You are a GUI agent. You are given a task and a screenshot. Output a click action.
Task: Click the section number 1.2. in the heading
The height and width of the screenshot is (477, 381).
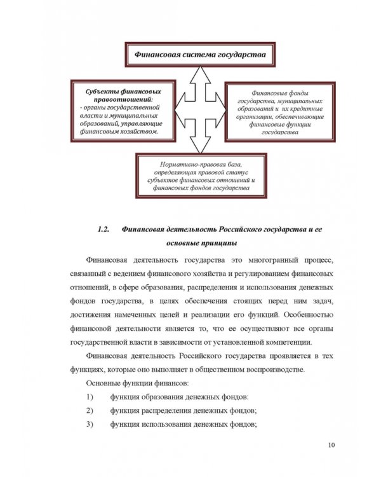(x=105, y=229)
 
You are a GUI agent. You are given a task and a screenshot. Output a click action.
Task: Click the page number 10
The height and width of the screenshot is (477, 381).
(x=331, y=445)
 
